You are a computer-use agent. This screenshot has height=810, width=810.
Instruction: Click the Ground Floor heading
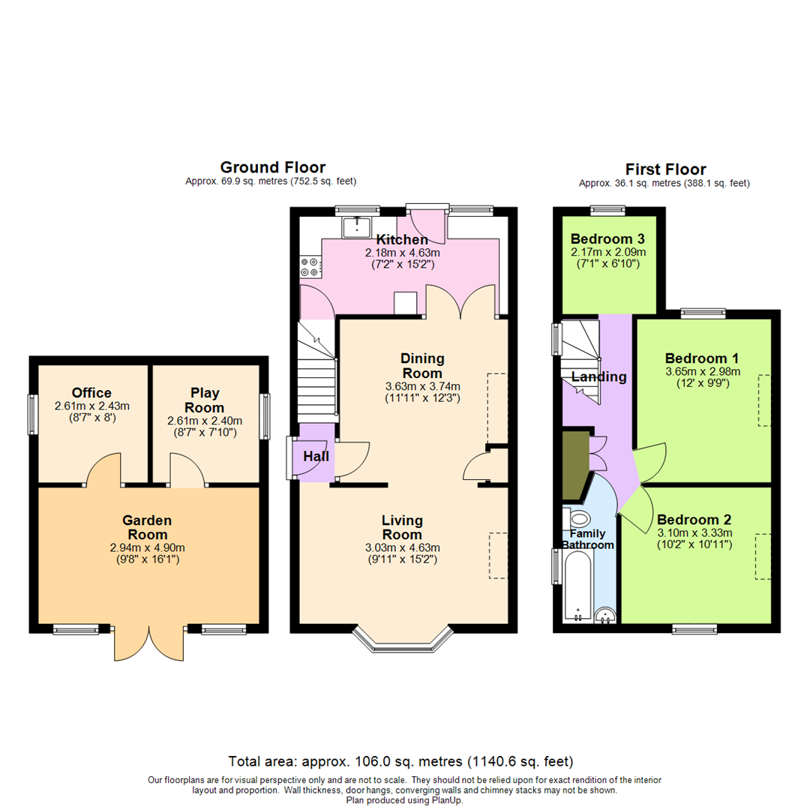click(x=272, y=167)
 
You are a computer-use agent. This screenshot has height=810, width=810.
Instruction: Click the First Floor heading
click(x=664, y=169)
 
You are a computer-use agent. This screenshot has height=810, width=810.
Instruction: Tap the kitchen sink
click(x=357, y=226)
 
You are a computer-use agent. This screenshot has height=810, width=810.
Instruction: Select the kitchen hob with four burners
click(x=310, y=263)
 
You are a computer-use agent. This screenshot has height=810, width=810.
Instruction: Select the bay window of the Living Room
click(x=403, y=637)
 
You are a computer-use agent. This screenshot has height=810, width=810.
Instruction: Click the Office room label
click(x=92, y=393)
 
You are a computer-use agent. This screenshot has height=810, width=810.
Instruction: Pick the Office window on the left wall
click(x=32, y=414)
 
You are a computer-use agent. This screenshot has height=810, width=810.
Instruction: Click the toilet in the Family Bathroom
click(x=578, y=519)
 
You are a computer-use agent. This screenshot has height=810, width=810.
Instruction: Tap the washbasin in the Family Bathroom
click(x=605, y=616)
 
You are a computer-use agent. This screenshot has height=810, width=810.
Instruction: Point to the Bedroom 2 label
click(x=694, y=519)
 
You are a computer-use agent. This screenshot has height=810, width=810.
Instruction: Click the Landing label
click(x=598, y=376)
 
